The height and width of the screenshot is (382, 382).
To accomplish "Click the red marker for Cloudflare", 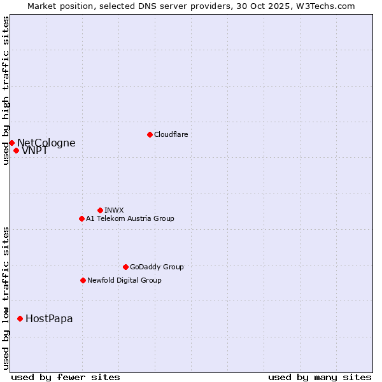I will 150,134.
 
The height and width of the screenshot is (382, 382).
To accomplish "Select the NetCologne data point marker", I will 11,143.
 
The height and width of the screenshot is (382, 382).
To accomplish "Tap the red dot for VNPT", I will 16,150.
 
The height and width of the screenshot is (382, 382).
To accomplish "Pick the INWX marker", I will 100,210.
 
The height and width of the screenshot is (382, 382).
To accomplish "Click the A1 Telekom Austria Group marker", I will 81,218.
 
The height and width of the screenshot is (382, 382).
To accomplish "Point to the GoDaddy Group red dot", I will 125,267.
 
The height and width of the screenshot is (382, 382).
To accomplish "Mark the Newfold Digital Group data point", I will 83,280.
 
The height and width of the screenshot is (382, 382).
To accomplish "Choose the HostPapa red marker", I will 20,318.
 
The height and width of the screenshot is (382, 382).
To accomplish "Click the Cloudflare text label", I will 171,134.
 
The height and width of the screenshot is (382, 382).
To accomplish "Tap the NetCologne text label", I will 46,143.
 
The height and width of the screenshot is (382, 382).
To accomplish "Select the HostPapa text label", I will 49,319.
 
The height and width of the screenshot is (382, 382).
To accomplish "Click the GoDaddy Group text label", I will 157,267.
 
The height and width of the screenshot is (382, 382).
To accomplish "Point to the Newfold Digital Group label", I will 124,280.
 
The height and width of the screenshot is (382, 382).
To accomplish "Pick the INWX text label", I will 115,210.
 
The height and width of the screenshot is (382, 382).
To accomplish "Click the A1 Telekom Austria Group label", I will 130,218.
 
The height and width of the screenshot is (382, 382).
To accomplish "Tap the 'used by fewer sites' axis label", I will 66,377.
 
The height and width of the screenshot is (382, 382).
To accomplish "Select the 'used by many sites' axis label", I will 320,377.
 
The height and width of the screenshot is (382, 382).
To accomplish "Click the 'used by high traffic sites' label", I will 6,90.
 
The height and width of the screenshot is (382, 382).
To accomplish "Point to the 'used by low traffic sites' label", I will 6,298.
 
